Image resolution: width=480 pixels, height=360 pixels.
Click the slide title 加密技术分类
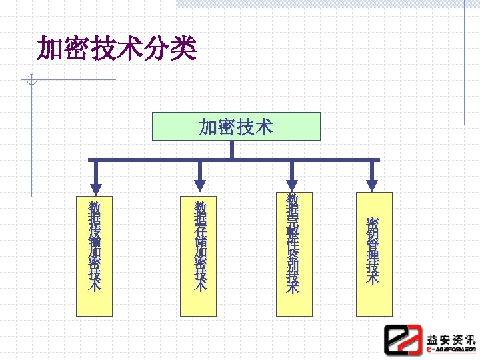click(117, 48)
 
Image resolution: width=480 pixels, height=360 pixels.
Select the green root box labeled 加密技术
click(236, 126)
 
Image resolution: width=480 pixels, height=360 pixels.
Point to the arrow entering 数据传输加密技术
click(95, 177)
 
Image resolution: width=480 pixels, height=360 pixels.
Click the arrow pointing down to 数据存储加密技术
click(199, 177)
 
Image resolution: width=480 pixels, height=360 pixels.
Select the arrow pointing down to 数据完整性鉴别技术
click(292, 177)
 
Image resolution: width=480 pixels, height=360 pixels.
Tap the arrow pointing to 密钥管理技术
click(372, 177)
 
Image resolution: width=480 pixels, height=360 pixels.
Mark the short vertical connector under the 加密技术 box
click(232, 149)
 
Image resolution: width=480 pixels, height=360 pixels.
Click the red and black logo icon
click(403, 339)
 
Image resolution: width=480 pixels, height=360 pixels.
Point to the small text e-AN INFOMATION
click(451, 349)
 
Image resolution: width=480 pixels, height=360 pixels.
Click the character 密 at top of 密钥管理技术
click(373, 223)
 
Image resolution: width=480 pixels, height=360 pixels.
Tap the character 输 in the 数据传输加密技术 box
click(95, 238)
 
